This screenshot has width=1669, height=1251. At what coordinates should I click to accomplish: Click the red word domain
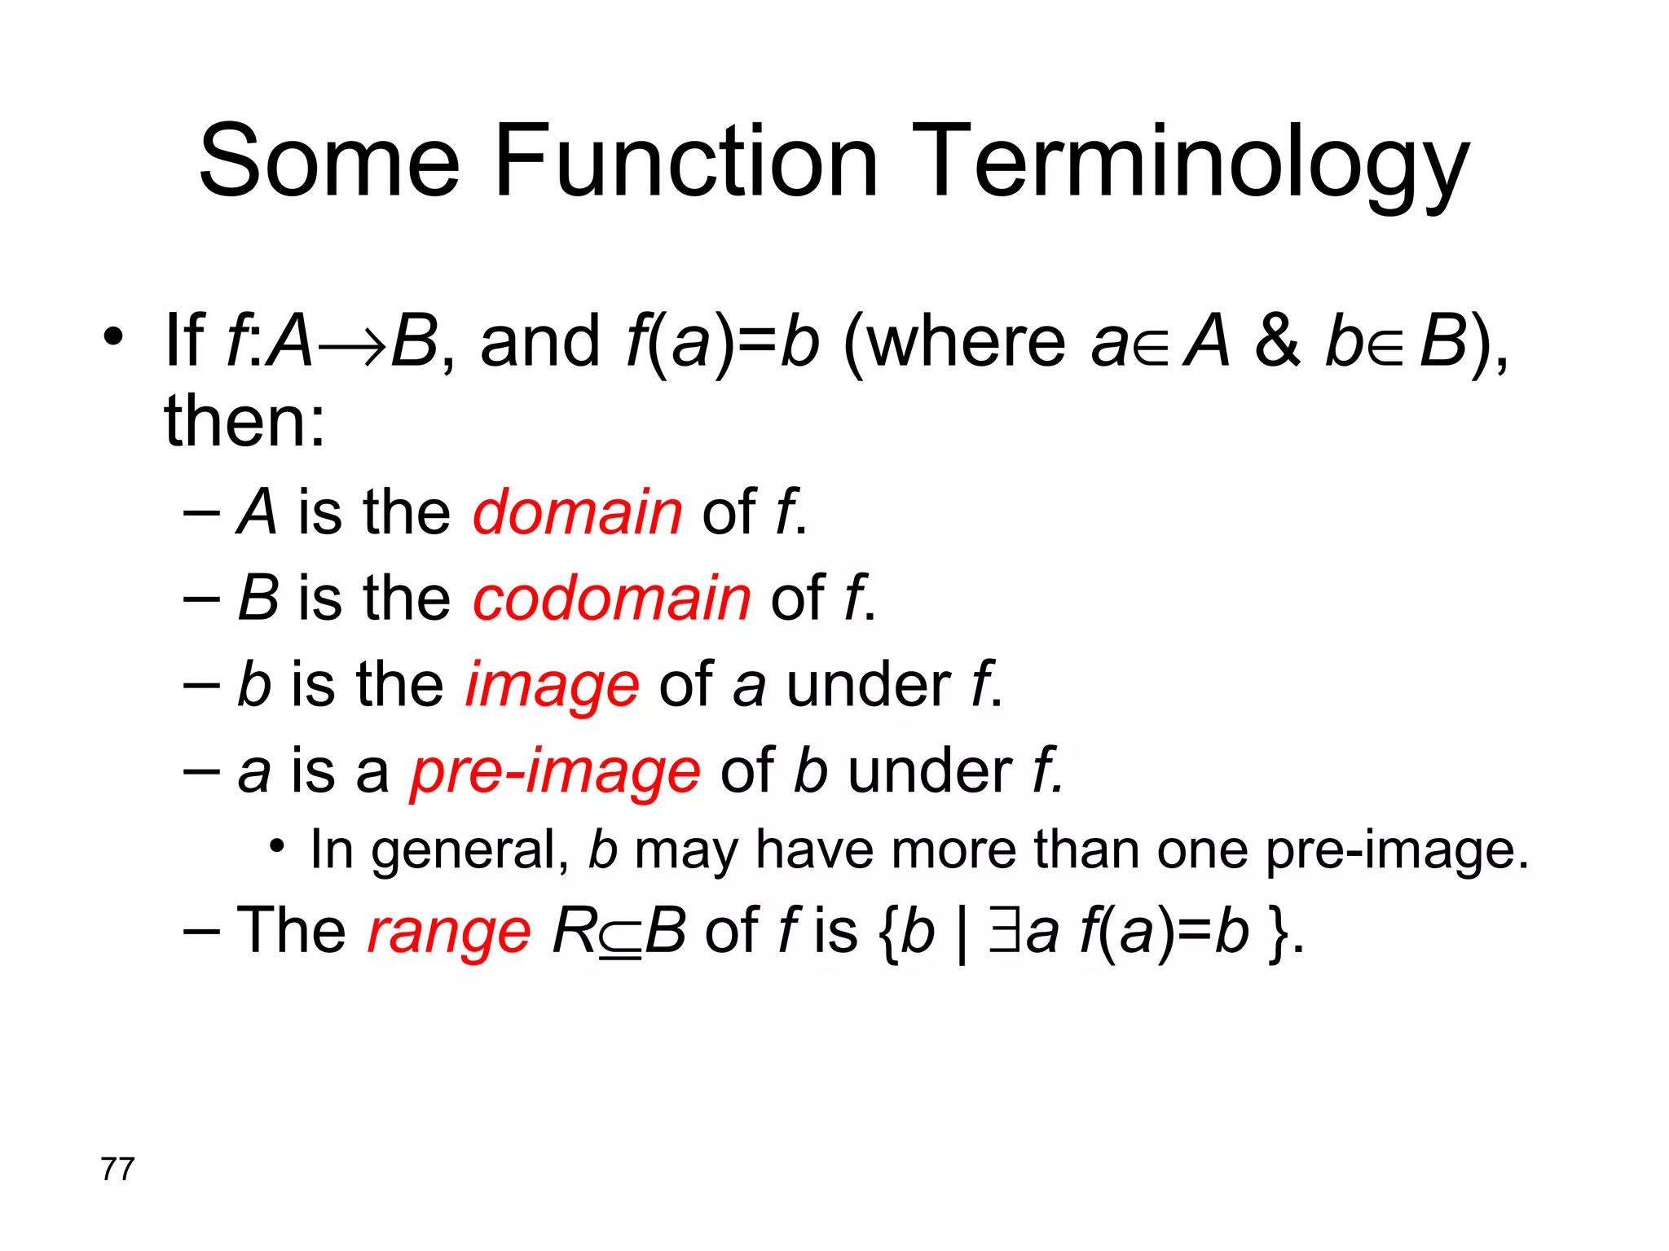[577, 513]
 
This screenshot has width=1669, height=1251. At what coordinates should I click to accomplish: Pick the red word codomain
[611, 599]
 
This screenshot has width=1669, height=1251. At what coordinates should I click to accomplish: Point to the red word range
[449, 932]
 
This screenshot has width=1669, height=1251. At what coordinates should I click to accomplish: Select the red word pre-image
[555, 772]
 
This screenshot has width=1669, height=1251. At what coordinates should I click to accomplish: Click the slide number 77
[117, 1170]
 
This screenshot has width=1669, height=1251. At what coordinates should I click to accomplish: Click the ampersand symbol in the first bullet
[1278, 342]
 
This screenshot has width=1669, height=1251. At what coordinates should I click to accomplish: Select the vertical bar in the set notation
[962, 935]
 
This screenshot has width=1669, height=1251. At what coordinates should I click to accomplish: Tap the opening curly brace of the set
[890, 933]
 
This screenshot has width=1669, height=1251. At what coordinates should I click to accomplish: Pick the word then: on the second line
[244, 422]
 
